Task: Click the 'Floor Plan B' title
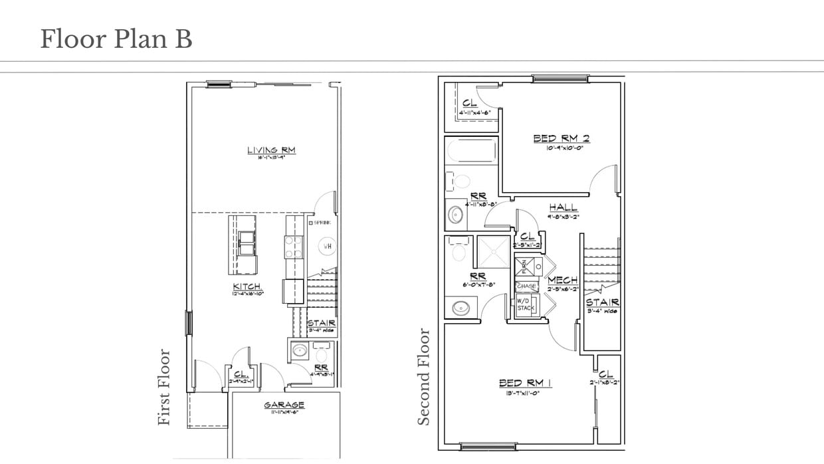116,39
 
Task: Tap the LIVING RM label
271,150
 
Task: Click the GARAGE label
284,404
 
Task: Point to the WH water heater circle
328,246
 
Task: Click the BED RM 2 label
562,138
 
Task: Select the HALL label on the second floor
563,207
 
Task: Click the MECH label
562,280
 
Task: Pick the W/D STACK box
526,304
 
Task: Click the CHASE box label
526,286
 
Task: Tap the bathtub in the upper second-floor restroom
470,150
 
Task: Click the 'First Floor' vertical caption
165,388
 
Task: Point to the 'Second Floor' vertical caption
424,376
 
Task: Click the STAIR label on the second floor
602,302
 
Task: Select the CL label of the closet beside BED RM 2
470,103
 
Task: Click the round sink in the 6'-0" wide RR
459,308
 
